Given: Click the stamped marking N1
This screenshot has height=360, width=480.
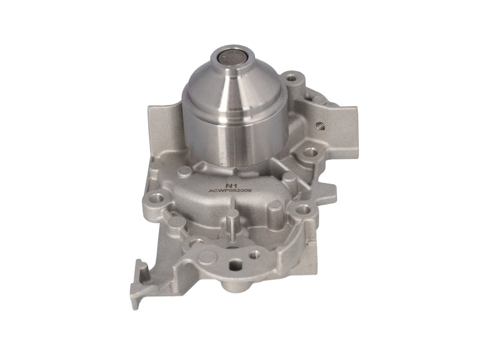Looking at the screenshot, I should pyautogui.click(x=230, y=185).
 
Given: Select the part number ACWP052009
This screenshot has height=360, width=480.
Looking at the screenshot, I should pyautogui.click(x=230, y=193).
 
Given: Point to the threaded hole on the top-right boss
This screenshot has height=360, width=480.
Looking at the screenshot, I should pyautogui.click(x=292, y=77).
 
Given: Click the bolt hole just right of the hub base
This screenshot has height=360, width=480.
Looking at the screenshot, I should pyautogui.click(x=310, y=152).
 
